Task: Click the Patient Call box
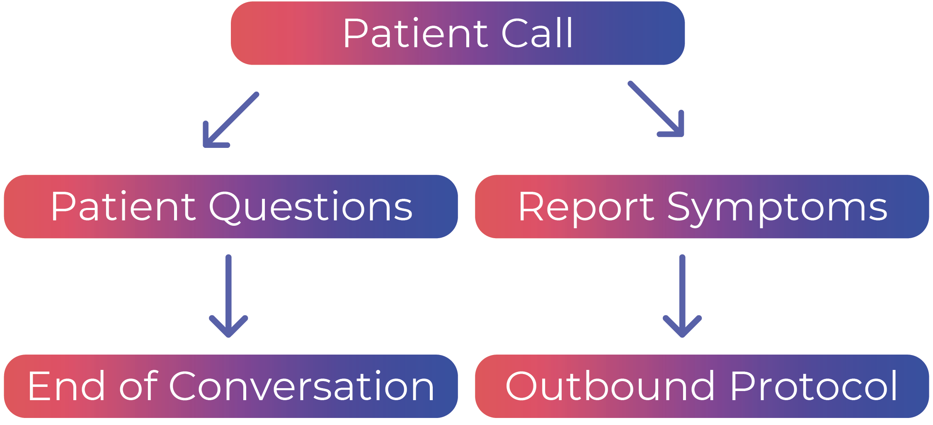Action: [x=458, y=33]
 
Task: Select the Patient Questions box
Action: [x=231, y=206]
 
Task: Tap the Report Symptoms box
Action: [x=702, y=206]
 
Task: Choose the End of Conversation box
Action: [x=231, y=386]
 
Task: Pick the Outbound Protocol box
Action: [x=702, y=386]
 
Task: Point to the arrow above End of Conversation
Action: [x=228, y=296]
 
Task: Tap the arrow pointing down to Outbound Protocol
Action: [x=682, y=296]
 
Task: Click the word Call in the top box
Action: [x=537, y=33]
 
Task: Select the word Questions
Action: [x=311, y=207]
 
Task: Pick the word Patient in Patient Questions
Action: [x=123, y=206]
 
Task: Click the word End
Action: [x=66, y=386]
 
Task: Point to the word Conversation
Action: [x=302, y=386]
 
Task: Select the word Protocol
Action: [x=814, y=386]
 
